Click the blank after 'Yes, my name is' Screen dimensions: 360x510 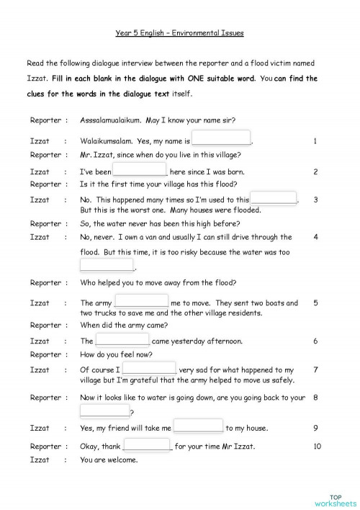[222, 139]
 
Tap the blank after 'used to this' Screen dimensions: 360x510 [274, 199]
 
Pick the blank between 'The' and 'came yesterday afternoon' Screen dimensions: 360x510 [122, 340]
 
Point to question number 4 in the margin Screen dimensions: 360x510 [316, 236]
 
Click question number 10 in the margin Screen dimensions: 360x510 [318, 446]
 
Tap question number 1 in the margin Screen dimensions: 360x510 [315, 141]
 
